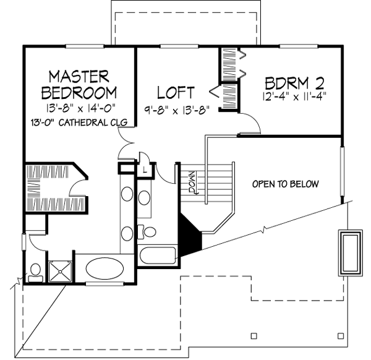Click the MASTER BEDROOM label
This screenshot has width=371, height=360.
coord(79,85)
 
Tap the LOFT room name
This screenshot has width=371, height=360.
coord(176,93)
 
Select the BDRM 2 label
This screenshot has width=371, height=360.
coord(295,82)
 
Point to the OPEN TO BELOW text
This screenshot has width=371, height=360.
coord(285,184)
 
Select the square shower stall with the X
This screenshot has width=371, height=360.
coord(61,270)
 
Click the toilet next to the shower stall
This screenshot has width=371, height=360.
coord(35,271)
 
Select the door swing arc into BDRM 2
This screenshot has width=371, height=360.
coord(252,124)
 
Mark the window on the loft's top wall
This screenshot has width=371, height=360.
coord(176,45)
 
